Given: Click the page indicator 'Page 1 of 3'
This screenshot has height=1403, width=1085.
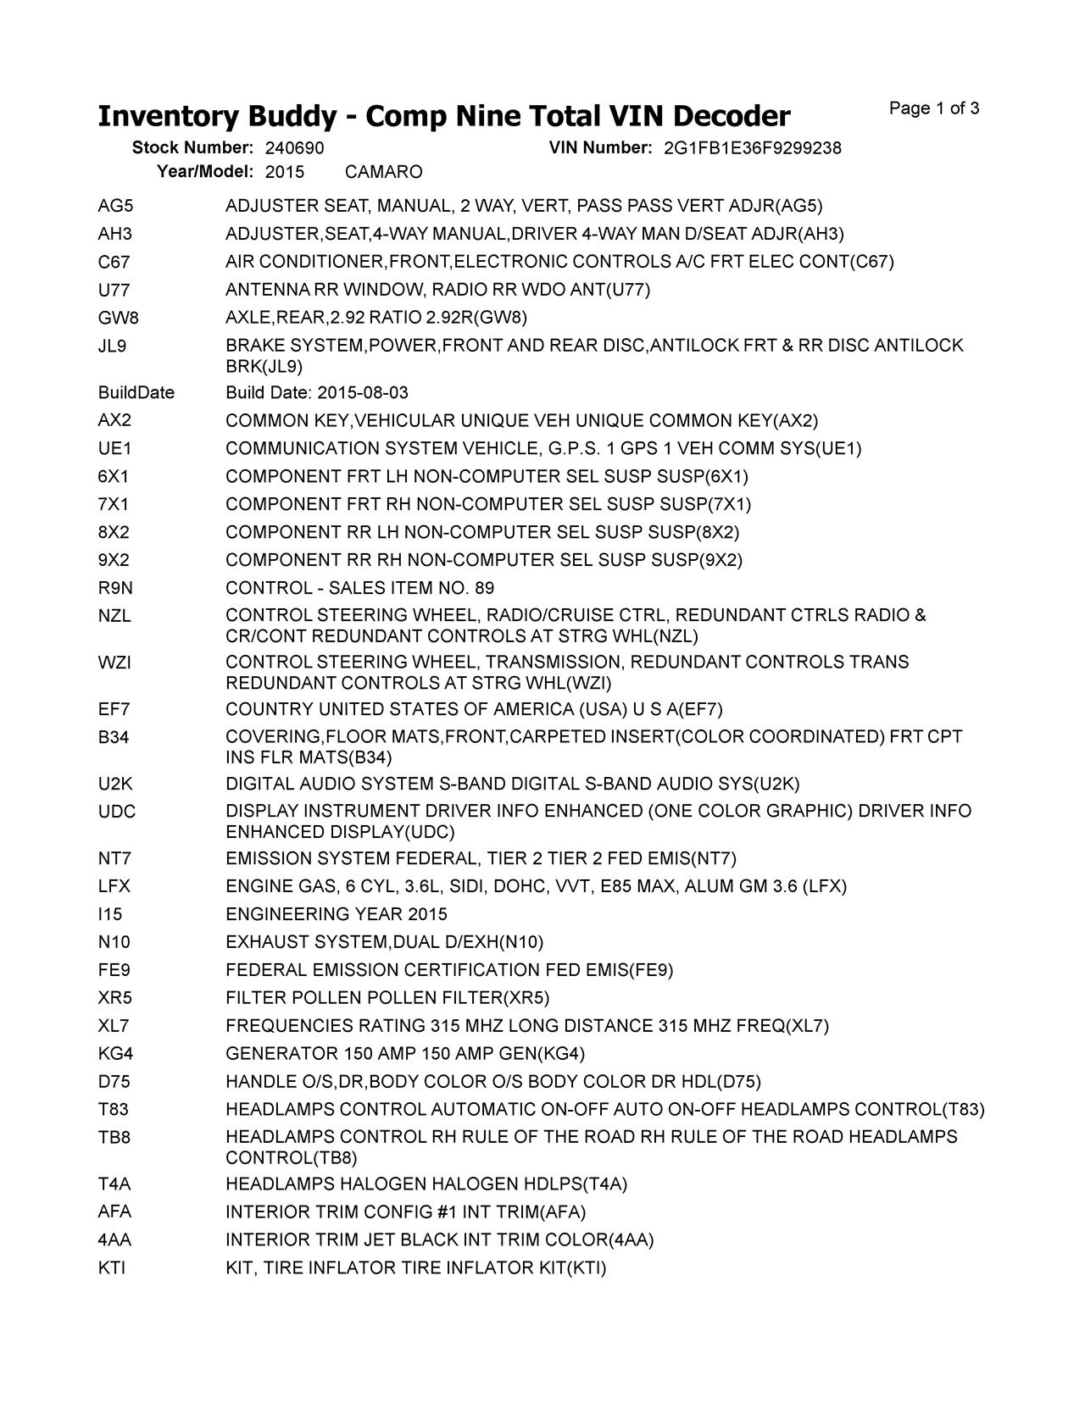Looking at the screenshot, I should [934, 108].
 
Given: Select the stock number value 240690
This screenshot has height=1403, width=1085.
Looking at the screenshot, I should [295, 148].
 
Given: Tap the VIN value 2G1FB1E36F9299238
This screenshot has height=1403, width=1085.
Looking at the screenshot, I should [752, 148].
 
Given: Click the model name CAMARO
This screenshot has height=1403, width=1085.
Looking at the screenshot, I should [383, 172].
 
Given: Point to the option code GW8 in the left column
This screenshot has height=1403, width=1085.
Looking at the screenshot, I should [118, 318].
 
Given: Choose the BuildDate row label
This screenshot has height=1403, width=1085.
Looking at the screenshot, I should [136, 392].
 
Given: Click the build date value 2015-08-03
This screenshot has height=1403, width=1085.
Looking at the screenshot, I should [362, 392].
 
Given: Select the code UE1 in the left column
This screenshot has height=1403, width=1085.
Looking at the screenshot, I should [114, 448].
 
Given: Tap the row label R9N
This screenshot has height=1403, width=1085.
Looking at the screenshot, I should [115, 588].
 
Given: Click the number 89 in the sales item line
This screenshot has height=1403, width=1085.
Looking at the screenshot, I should [484, 588].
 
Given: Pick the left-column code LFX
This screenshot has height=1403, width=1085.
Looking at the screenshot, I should [114, 886].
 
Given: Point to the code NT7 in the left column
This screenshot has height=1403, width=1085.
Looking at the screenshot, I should [114, 858].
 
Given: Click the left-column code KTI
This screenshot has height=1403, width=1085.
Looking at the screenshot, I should [111, 1268].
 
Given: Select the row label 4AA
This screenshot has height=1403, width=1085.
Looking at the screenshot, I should [114, 1240].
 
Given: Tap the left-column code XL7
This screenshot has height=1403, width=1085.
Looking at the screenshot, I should [114, 1026].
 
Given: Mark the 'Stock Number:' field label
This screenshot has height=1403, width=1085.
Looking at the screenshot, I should [192, 148].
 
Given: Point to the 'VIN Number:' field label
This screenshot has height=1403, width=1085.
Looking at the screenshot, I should [600, 148].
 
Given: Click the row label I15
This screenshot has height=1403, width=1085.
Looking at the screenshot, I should [110, 914].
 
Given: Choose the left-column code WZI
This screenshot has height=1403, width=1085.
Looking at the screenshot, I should [114, 662].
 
